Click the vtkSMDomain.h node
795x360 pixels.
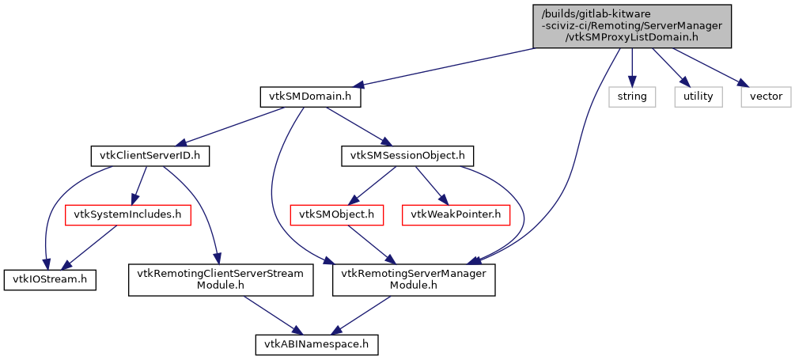click(310, 97)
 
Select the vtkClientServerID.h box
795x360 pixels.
click(149, 156)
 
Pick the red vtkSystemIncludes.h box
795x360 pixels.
click(127, 214)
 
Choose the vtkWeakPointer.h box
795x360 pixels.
click(455, 214)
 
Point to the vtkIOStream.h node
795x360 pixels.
click(51, 279)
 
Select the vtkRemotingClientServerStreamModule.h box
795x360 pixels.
click(221, 279)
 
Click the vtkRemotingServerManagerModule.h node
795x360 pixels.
click(414, 279)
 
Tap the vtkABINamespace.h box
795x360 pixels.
click(316, 344)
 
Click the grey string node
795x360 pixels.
click(632, 97)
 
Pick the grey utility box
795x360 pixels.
click(698, 97)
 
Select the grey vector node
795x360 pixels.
click(766, 97)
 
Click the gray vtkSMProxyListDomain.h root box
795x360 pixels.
click(631, 26)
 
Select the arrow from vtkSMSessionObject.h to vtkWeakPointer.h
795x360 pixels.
click(427, 184)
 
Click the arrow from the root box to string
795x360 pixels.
click(631, 67)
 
